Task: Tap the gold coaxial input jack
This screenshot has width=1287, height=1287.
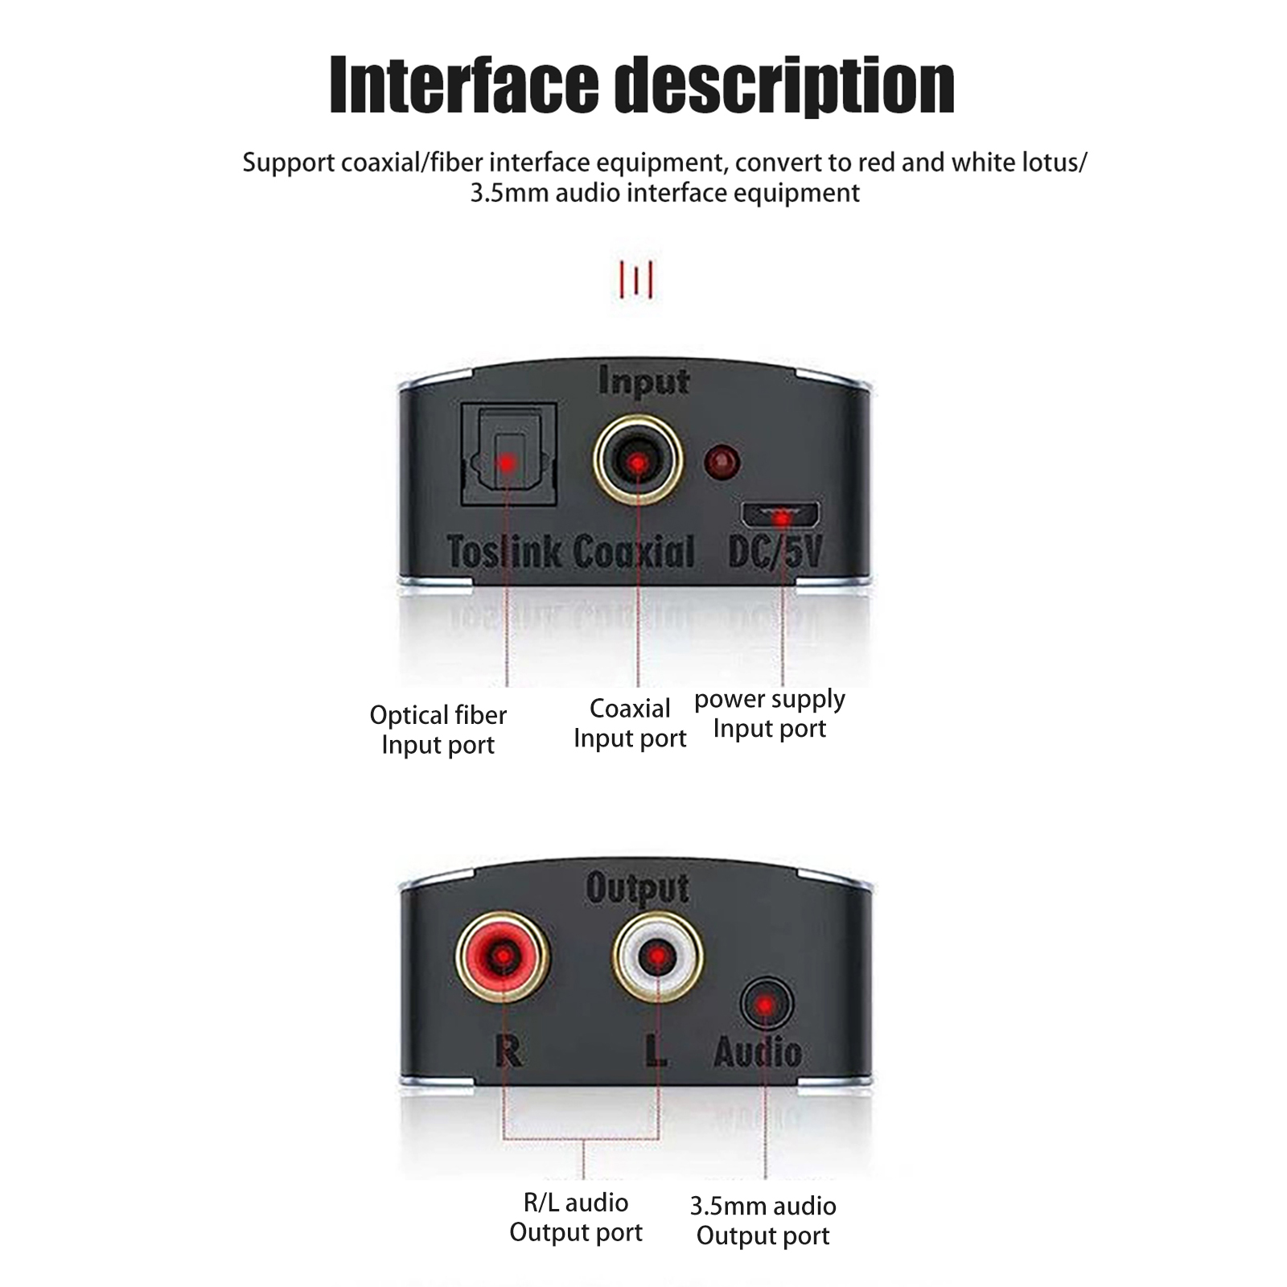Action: pyautogui.click(x=638, y=461)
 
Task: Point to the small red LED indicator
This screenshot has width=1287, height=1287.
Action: pyautogui.click(x=722, y=462)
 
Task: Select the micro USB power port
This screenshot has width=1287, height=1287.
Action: pyautogui.click(x=781, y=513)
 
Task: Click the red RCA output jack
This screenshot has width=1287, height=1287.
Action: pyautogui.click(x=502, y=956)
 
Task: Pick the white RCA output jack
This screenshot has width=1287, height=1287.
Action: pyautogui.click(x=657, y=956)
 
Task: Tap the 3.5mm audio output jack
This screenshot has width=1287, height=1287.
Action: pyautogui.click(x=766, y=1004)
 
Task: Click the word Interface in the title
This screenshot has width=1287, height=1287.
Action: pyautogui.click(x=464, y=85)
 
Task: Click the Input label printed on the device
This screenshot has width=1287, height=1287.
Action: pyautogui.click(x=644, y=382)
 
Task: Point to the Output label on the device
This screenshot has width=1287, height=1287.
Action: pyautogui.click(x=637, y=889)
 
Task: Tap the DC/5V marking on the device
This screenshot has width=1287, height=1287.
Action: pyautogui.click(x=775, y=552)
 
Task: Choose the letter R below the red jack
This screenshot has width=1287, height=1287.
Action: pyautogui.click(x=508, y=1051)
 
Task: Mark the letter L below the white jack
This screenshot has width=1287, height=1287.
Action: pyautogui.click(x=656, y=1051)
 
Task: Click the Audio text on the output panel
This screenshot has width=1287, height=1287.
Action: pyautogui.click(x=758, y=1052)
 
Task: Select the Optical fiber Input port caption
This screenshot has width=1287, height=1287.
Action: pyautogui.click(x=438, y=730)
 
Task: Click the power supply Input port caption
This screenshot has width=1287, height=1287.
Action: pyautogui.click(x=770, y=714)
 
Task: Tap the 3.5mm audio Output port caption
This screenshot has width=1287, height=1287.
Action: pyautogui.click(x=763, y=1220)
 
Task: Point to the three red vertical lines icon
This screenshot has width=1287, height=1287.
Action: pyautogui.click(x=636, y=280)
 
